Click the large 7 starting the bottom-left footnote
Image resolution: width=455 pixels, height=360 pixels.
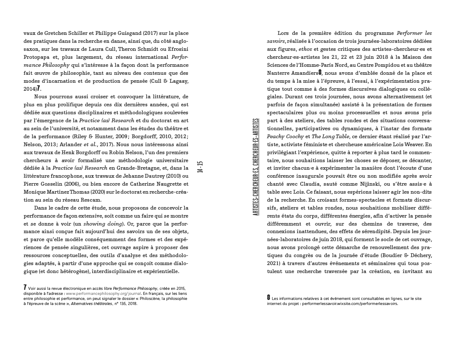click(25, 287)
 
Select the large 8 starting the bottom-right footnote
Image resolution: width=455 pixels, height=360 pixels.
click(269, 297)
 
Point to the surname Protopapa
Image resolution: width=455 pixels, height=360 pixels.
click(37, 57)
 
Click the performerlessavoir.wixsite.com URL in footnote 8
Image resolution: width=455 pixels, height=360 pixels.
click(350, 303)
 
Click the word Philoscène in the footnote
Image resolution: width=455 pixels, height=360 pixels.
click(162, 298)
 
